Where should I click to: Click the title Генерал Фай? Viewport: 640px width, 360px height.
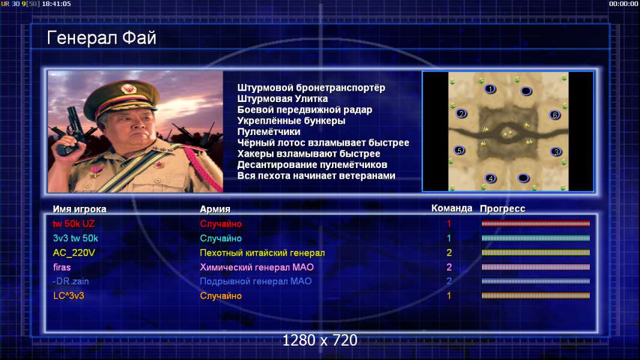(x=101, y=38)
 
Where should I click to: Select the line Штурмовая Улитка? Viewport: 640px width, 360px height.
(x=282, y=98)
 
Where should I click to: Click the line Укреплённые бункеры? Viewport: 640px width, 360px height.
(x=291, y=121)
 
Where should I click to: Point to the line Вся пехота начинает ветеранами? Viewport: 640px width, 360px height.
(x=316, y=176)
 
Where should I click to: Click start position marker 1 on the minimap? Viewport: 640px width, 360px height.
(x=490, y=89)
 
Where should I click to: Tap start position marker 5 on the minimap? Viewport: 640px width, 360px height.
(x=460, y=151)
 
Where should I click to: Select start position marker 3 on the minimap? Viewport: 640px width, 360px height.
(x=556, y=152)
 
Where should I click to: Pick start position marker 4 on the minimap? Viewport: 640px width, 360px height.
(x=491, y=178)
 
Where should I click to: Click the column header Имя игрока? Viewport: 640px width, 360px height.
(x=80, y=209)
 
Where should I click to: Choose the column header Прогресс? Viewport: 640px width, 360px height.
(x=503, y=209)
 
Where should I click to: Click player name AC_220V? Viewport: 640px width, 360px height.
(x=74, y=253)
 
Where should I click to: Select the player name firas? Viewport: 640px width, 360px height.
(x=62, y=268)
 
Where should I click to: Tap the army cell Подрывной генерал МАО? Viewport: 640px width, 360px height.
(x=256, y=281)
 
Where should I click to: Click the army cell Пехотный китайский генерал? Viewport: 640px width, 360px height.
(x=262, y=253)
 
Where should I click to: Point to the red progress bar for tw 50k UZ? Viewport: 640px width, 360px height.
(x=536, y=223)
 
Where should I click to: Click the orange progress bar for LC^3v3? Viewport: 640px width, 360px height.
(x=536, y=296)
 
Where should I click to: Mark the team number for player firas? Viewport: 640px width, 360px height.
(x=449, y=268)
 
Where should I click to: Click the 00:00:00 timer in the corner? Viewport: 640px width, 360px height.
(x=623, y=4)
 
